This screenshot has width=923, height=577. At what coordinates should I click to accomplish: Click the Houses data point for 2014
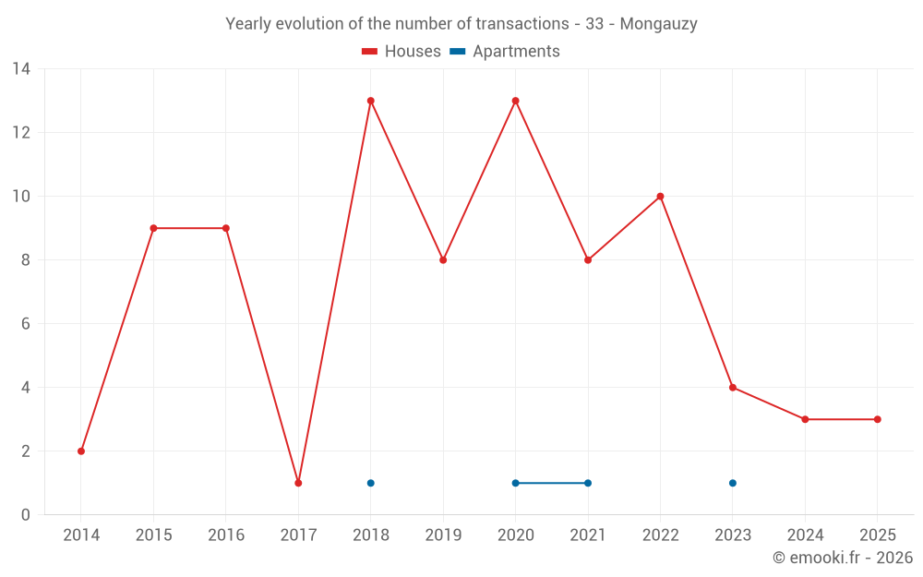pos(81,451)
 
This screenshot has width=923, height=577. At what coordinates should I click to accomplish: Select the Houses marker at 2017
pos(298,483)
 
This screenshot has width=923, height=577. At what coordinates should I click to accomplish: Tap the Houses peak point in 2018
pos(371,101)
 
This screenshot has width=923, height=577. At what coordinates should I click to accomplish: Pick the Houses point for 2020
pos(516,101)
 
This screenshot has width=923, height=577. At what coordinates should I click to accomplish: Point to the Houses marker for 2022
pos(661,197)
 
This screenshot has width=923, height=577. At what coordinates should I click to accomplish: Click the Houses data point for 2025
pos(878,419)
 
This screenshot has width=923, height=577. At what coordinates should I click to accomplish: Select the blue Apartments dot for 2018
pos(371,483)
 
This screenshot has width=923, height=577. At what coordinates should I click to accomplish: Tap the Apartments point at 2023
pos(733,483)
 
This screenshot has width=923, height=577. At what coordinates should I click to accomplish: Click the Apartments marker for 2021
pos(588,483)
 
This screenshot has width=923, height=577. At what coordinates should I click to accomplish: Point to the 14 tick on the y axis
pos(21,69)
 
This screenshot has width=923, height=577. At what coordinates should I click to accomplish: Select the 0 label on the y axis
pos(26,515)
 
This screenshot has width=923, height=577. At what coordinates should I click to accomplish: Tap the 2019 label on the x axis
pos(443,535)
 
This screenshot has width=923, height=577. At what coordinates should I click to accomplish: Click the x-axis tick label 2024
pos(805,535)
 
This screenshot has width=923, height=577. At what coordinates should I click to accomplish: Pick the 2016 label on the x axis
pos(226,535)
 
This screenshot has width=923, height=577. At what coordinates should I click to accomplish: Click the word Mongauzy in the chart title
pos(658,24)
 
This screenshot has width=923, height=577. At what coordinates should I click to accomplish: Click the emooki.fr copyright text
pos(842,558)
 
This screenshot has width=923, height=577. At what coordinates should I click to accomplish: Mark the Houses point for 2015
pos(153,228)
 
